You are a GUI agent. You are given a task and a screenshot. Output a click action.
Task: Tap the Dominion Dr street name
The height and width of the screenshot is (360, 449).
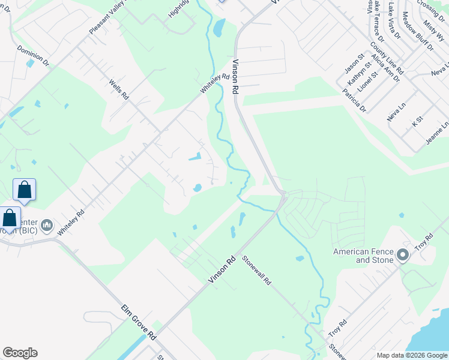(x=33, y=55)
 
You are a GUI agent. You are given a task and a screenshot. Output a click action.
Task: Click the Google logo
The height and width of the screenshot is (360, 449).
(x=20, y=353)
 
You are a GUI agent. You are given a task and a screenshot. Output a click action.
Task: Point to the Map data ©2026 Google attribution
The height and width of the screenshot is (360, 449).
(x=411, y=355)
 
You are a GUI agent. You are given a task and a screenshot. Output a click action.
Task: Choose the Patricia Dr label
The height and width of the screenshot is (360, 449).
(x=354, y=100)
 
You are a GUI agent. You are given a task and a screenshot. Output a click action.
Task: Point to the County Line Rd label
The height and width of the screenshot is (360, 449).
(x=387, y=58)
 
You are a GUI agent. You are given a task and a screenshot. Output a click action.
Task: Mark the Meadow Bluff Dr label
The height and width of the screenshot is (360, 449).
(x=417, y=32)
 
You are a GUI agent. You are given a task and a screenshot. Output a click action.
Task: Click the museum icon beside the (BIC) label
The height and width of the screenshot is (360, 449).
(x=47, y=226)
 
